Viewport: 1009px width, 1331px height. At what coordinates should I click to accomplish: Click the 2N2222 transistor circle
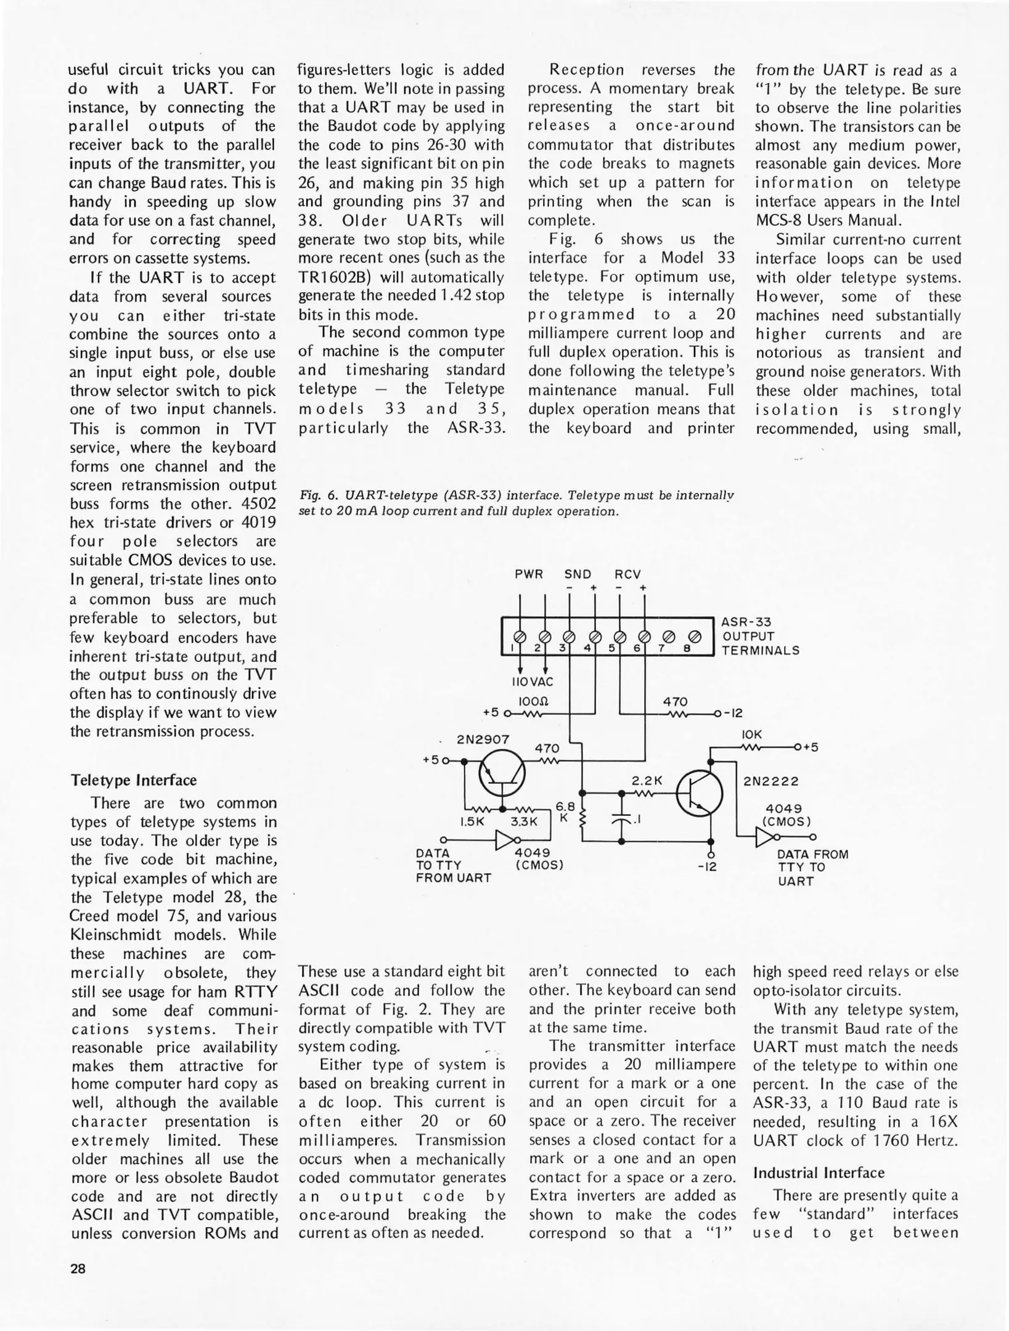coord(700,794)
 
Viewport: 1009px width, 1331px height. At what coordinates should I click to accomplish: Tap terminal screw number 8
coord(695,636)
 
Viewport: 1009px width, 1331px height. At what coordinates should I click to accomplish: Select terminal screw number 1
coord(520,636)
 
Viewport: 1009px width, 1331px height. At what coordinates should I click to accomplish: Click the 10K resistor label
coord(752,735)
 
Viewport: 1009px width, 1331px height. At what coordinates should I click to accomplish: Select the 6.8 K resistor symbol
coord(582,816)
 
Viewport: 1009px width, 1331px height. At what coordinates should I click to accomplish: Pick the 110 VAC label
coord(533,682)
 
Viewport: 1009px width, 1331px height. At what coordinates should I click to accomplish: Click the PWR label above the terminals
coord(529,574)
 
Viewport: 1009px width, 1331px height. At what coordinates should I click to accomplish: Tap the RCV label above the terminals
coord(627,574)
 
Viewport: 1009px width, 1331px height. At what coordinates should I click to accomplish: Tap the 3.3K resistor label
coord(524,822)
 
